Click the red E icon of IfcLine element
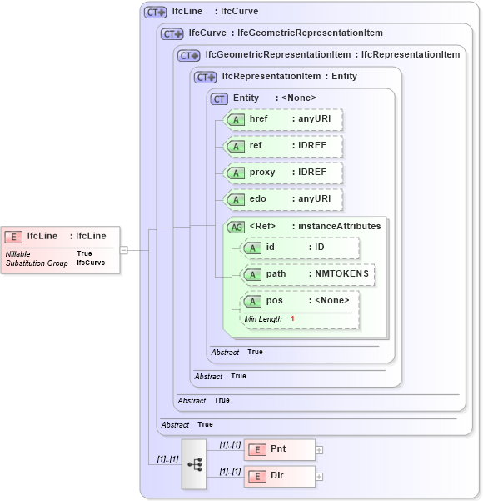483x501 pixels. click(14, 236)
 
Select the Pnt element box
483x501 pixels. click(279, 450)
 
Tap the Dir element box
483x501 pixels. click(279, 477)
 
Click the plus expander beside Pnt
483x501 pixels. click(319, 450)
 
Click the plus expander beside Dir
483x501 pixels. click(319, 477)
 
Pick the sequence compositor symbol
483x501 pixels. click(194, 463)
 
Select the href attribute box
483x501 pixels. click(284, 119)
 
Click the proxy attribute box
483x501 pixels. click(284, 173)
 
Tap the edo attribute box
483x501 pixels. click(284, 199)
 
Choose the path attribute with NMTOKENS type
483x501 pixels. click(307, 273)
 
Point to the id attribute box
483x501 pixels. click(300, 248)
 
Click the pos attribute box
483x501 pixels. click(300, 301)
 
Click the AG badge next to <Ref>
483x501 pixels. click(237, 226)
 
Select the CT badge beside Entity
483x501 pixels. click(220, 98)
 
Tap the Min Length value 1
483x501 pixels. click(292, 319)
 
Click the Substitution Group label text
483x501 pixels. click(37, 263)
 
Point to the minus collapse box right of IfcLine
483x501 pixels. click(123, 249)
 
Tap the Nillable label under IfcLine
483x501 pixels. click(18, 253)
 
